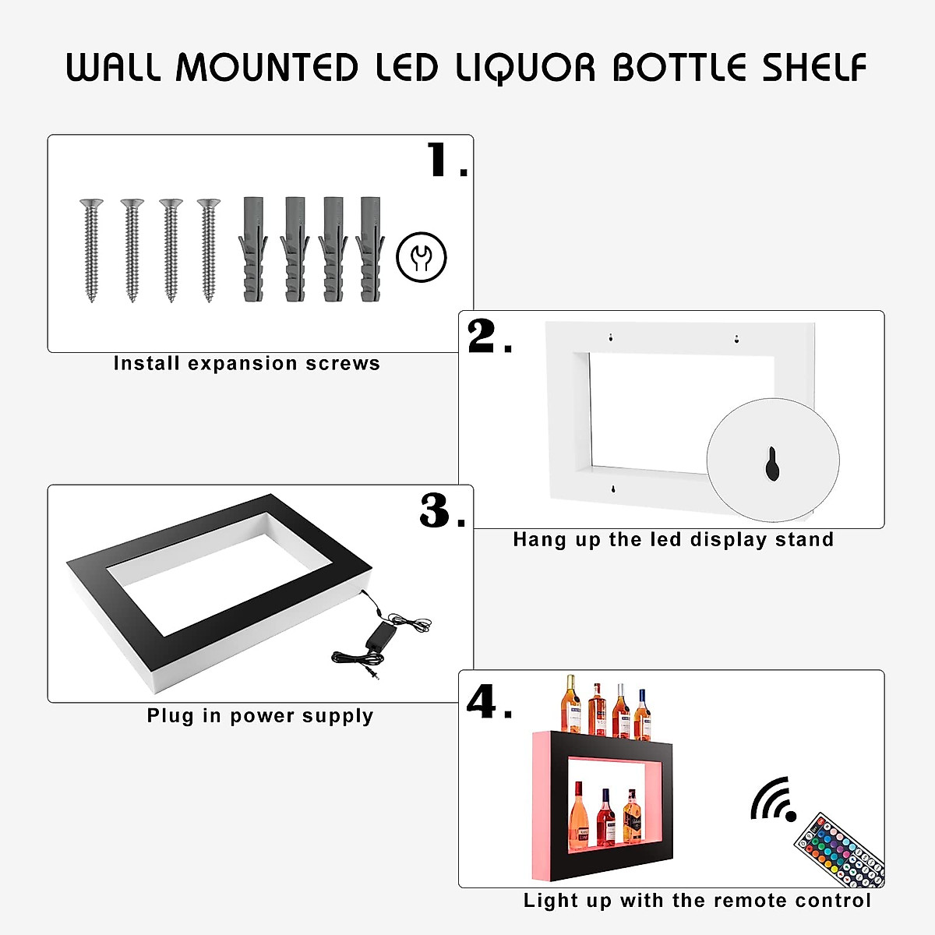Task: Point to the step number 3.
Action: pos(436,511)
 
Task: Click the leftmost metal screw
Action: pos(92,249)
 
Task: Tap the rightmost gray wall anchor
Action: pos(371,249)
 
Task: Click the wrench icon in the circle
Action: pos(422,256)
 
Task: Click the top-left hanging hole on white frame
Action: pos(611,337)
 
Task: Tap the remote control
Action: pos(840,851)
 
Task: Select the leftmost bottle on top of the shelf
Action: pos(571,704)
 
